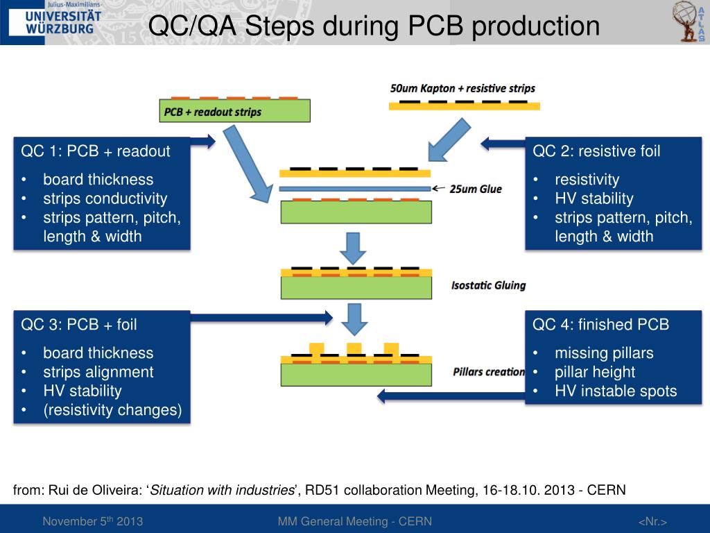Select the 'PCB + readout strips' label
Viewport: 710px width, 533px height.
(212, 111)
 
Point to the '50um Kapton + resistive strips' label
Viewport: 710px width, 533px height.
(462, 89)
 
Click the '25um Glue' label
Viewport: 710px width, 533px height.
(476, 189)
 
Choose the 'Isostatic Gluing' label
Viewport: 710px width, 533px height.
(488, 285)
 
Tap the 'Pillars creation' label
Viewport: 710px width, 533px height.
(488, 372)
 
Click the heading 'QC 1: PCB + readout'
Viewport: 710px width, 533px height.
(96, 151)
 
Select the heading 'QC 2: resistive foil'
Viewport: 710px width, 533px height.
(596, 151)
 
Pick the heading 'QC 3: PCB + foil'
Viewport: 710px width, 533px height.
(79, 324)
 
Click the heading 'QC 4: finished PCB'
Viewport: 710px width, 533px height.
(600, 324)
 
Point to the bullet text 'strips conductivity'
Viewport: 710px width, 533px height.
(105, 198)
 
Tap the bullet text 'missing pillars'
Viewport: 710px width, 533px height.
(604, 353)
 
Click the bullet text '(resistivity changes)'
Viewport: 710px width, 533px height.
(112, 410)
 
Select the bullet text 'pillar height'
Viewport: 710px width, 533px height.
(595, 372)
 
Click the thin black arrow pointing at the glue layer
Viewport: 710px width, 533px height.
(440, 188)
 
